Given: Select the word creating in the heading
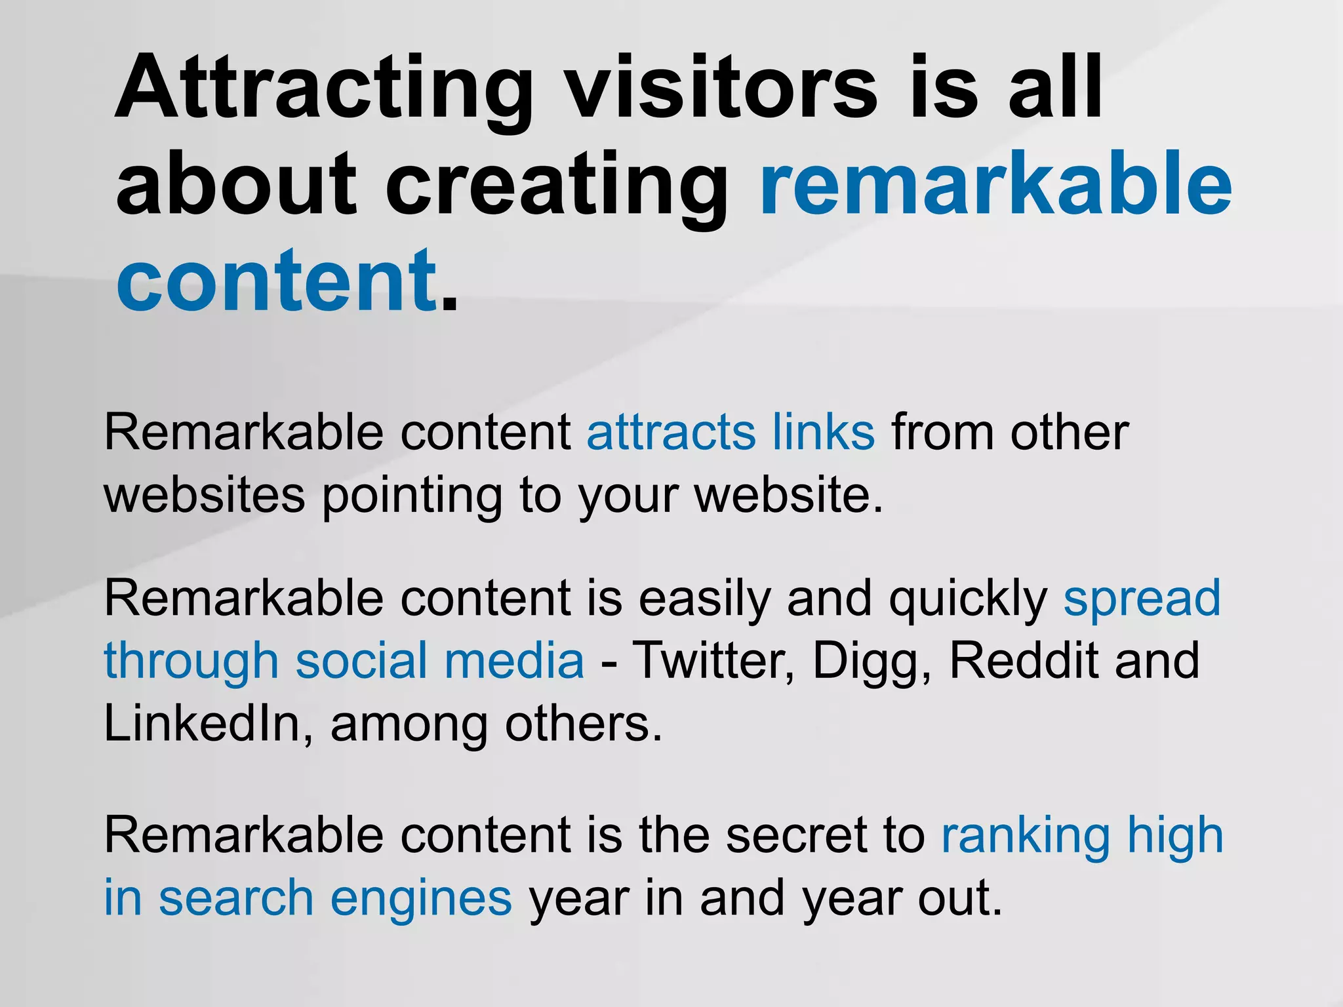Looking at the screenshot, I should (557, 187).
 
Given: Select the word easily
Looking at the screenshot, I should (705, 600).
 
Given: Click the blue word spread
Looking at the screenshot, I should (1142, 600).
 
